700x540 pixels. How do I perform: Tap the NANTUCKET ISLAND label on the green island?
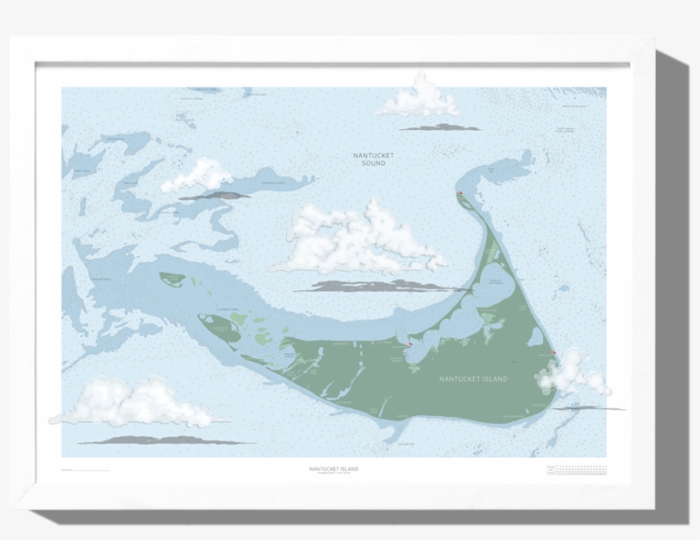point(473,379)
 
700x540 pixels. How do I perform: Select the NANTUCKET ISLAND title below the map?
point(334,468)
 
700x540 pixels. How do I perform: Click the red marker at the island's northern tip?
point(462,194)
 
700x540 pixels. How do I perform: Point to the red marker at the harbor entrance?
point(410,344)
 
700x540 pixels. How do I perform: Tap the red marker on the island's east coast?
point(555,354)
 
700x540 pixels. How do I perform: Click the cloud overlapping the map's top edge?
point(419,98)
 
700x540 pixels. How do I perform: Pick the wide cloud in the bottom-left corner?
point(132,402)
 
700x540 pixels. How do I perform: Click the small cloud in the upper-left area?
point(199,175)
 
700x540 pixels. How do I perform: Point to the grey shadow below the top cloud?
point(440,127)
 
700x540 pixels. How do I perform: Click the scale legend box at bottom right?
point(576,469)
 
